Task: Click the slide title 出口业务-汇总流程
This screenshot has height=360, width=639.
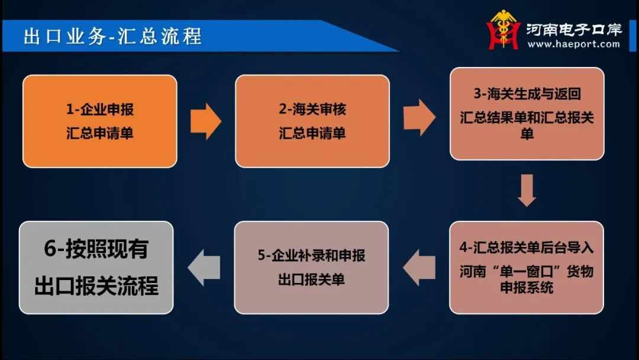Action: pyautogui.click(x=112, y=36)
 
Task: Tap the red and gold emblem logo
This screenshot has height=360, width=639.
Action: pyautogui.click(x=504, y=30)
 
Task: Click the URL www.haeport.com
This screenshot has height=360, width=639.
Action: pyautogui.click(x=573, y=44)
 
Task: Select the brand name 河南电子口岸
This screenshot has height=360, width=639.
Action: pyautogui.click(x=574, y=29)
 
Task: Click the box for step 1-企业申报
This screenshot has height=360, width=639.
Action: pyautogui.click(x=100, y=121)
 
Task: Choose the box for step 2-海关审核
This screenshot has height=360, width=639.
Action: pyautogui.click(x=312, y=121)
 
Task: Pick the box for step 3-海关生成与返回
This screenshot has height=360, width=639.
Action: pyautogui.click(x=527, y=114)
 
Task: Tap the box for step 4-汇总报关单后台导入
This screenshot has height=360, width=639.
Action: pyautogui.click(x=527, y=268)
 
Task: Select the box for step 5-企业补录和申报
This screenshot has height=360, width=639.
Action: pyautogui.click(x=311, y=268)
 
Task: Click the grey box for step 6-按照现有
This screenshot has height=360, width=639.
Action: pyautogui.click(x=96, y=268)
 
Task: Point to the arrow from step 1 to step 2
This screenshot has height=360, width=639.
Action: pyautogui.click(x=206, y=121)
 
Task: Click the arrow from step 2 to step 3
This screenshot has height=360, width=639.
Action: pyautogui.click(x=419, y=117)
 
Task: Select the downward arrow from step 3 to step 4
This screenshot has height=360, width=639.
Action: pyautogui.click(x=527, y=191)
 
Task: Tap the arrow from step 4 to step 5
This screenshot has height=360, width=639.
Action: pyautogui.click(x=419, y=268)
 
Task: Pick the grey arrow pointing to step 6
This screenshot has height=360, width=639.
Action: pyautogui.click(x=204, y=268)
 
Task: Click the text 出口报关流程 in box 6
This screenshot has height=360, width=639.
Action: pyautogui.click(x=96, y=285)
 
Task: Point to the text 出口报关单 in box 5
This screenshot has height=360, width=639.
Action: pyautogui.click(x=311, y=279)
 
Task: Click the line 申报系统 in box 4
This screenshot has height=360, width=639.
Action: pyautogui.click(x=527, y=287)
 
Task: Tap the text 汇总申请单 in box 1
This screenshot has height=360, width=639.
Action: pyautogui.click(x=100, y=133)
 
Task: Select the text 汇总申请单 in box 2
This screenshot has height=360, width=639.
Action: pyautogui.click(x=312, y=133)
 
